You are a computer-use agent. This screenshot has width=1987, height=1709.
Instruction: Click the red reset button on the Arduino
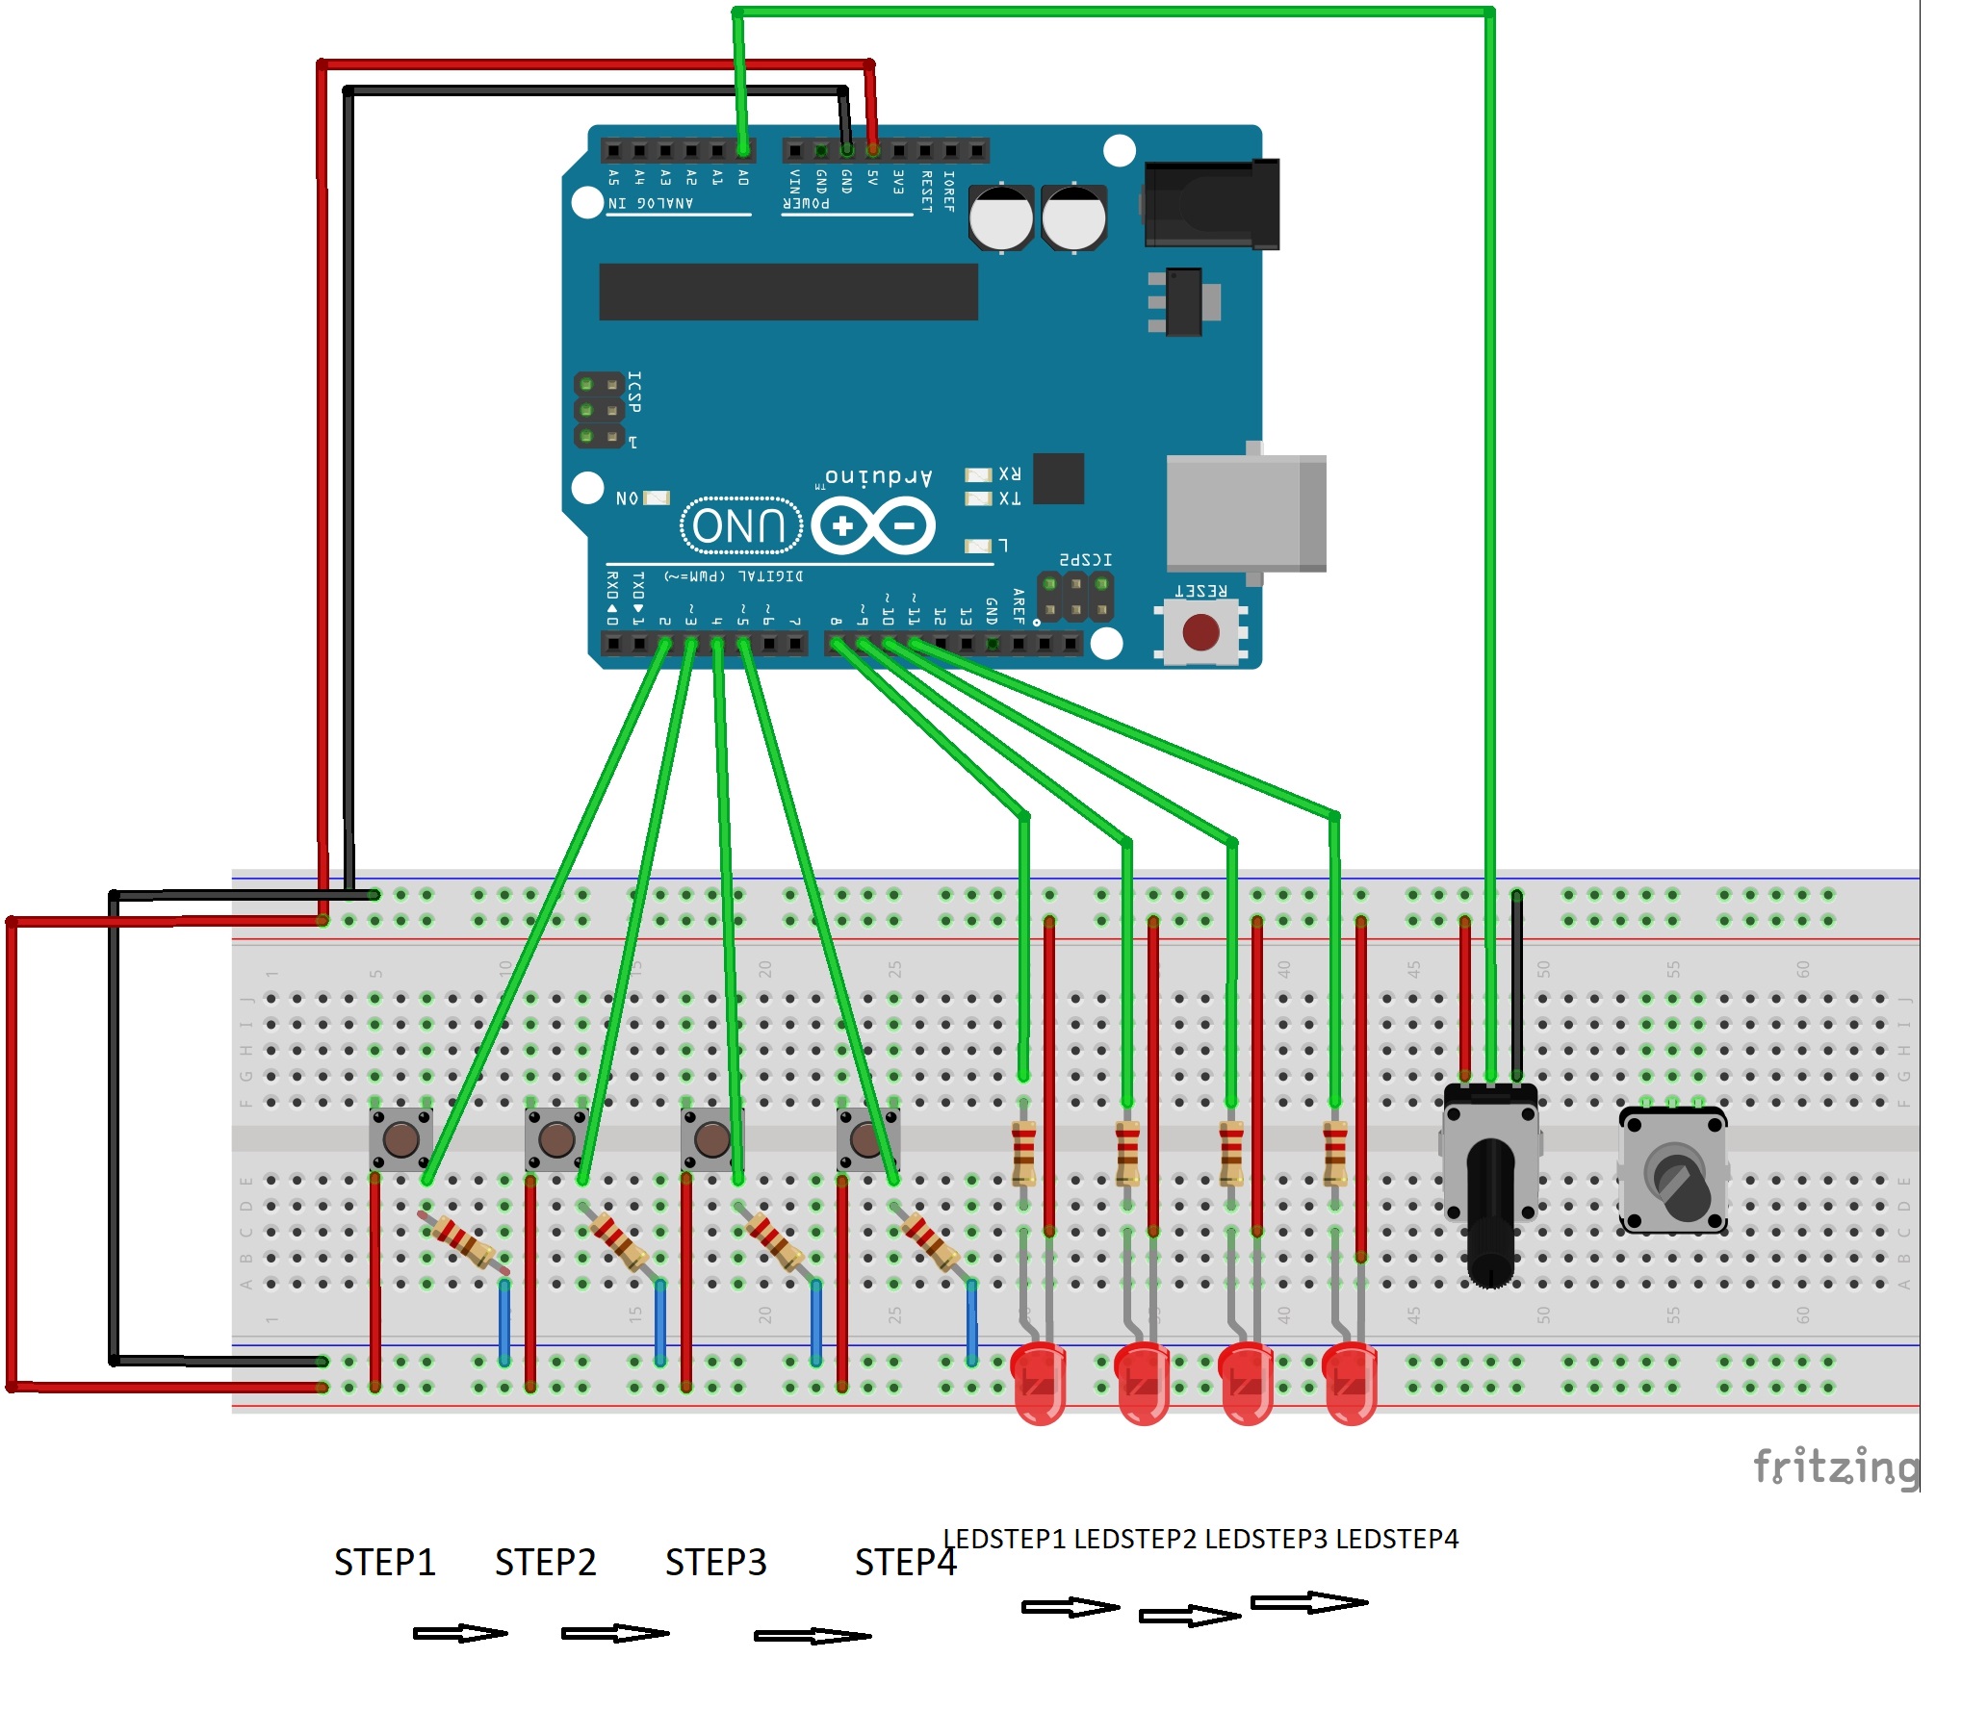pyautogui.click(x=1200, y=632)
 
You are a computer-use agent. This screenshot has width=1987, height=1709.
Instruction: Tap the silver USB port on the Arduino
pyautogui.click(x=1246, y=513)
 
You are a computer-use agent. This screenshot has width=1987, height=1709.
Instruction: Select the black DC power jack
pyautogui.click(x=1211, y=205)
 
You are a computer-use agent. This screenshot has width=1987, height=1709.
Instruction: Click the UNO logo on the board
pyautogui.click(x=740, y=525)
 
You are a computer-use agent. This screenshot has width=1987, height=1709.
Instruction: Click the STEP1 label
pyautogui.click(x=384, y=1563)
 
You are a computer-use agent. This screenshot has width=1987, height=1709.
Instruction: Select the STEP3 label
pyautogui.click(x=715, y=1563)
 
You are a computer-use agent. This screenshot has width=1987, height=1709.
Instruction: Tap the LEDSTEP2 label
pyautogui.click(x=1135, y=1539)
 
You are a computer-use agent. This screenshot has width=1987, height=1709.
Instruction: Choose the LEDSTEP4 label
pyautogui.click(x=1397, y=1539)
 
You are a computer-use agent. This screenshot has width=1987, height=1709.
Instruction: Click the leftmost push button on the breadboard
pyautogui.click(x=400, y=1139)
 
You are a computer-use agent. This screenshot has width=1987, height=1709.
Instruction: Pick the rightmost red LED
pyautogui.click(x=1350, y=1384)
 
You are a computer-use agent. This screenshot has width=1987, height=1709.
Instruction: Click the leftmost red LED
pyautogui.click(x=1038, y=1384)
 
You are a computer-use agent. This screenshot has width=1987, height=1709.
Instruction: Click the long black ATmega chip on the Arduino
pyautogui.click(x=787, y=292)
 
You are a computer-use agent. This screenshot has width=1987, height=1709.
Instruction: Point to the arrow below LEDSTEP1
pyautogui.click(x=1070, y=1607)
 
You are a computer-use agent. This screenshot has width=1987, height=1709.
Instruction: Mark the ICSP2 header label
pyautogui.click(x=1085, y=559)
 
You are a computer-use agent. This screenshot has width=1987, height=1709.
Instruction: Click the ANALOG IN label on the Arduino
pyautogui.click(x=651, y=203)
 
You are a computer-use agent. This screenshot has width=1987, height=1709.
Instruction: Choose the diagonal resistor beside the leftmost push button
pyautogui.click(x=463, y=1242)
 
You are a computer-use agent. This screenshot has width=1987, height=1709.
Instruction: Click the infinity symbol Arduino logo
pyautogui.click(x=872, y=526)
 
